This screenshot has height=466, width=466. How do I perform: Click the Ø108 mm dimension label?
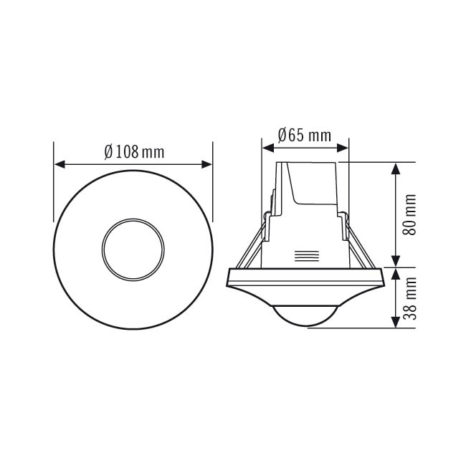[x=134, y=152]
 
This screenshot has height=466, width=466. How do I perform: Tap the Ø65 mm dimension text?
[x=304, y=135]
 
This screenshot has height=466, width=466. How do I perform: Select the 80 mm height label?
[x=409, y=214]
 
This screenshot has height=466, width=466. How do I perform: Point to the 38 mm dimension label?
[x=409, y=298]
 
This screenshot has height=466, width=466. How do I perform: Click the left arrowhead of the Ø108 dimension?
[x=60, y=164]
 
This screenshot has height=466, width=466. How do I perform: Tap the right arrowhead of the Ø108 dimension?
[x=206, y=164]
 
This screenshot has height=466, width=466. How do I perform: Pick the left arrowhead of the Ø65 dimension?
[x=268, y=148]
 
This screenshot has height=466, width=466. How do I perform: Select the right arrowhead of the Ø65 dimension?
[x=343, y=148]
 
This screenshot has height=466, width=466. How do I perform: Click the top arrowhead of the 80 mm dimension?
[x=395, y=168]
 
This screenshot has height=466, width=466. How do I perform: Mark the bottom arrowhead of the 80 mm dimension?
[x=395, y=262]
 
